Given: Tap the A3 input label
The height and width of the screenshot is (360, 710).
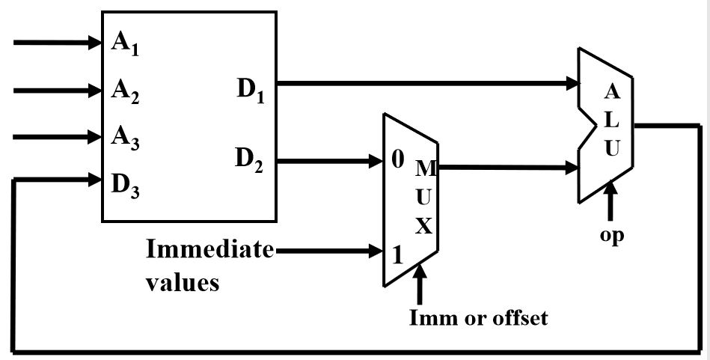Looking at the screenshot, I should [126, 138].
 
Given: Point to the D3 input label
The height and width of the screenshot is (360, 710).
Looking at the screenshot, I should [126, 184].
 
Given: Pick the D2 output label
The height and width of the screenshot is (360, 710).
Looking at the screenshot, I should [251, 159].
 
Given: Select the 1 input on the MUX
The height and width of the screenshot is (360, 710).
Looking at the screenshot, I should [397, 253].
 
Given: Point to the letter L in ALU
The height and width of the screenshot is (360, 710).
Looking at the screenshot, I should [611, 120].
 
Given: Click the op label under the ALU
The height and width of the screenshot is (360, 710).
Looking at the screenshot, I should [611, 234].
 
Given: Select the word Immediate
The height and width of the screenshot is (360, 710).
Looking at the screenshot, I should [209, 249].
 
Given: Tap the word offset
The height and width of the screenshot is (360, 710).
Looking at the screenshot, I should [520, 318].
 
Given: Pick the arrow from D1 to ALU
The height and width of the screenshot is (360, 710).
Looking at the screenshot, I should [426, 82].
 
